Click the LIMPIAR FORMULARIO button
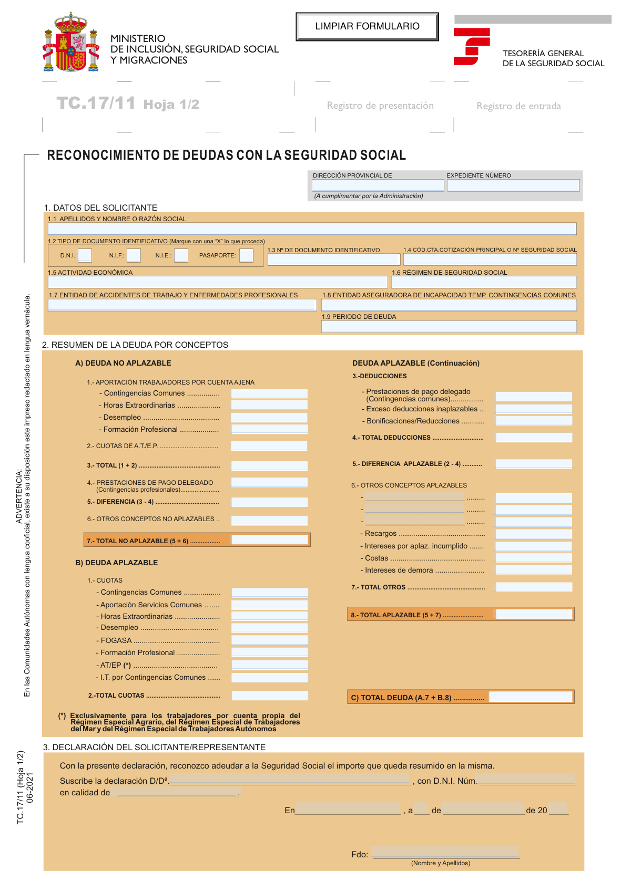point(367,27)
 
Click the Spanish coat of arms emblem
point(71,43)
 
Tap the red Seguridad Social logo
point(471,47)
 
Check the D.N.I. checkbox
point(85,255)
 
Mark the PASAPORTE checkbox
point(246,255)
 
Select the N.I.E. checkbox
point(181,255)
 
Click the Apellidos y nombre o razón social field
point(312,229)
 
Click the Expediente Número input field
point(513,185)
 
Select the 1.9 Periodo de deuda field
point(449,326)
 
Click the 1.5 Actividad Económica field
point(217,282)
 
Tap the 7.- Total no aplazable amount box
point(270,540)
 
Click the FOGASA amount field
point(270,640)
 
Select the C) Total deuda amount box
point(530,697)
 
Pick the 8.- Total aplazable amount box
point(534,614)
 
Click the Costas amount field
point(534,558)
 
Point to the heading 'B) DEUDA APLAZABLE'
point(116,563)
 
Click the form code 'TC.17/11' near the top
point(96,103)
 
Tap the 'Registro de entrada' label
point(518,106)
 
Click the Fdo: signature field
point(445,852)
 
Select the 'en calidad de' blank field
point(176,792)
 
